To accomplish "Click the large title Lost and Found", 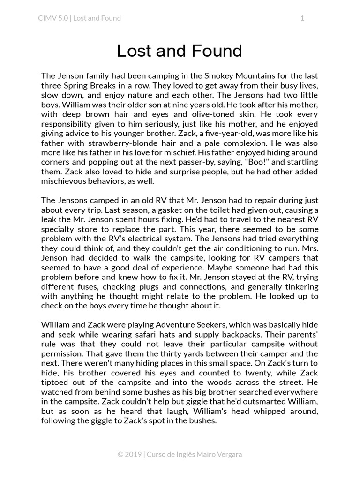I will [x=180, y=51].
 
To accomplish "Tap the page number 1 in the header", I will [x=302, y=18].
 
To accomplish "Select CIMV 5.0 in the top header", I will [x=53, y=18].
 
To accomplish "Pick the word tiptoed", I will [x=55, y=382].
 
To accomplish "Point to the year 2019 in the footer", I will [x=133, y=454].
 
